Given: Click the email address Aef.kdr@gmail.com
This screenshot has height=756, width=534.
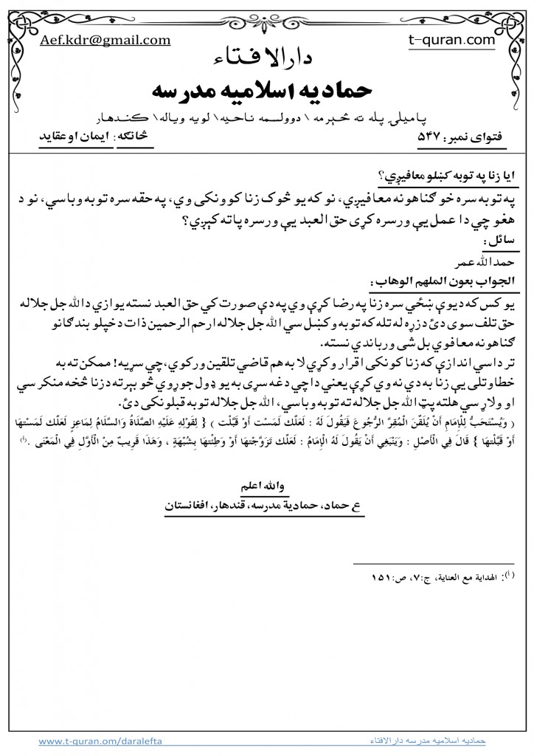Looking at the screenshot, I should pyautogui.click(x=106, y=41).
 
